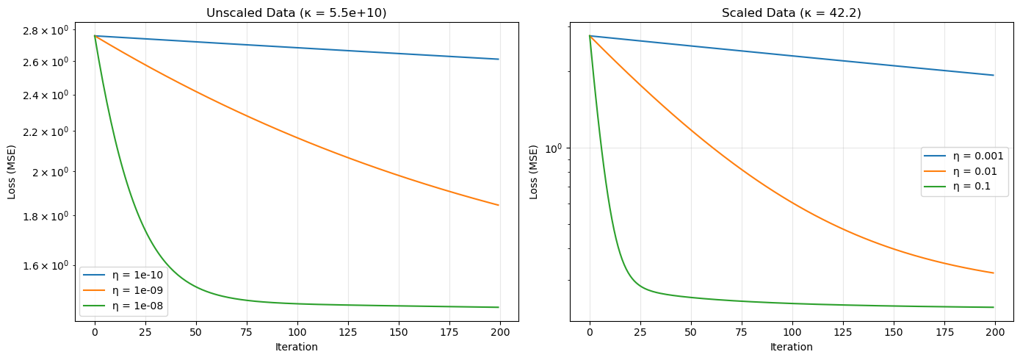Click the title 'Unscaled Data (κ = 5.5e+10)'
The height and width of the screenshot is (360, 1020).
[x=297, y=12]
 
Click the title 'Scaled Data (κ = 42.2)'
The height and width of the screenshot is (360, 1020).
[x=792, y=12]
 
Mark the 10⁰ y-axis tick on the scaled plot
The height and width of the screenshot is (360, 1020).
[x=553, y=148]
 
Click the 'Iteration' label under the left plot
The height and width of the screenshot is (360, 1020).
[x=297, y=347]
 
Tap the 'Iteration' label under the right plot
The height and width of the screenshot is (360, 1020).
[x=792, y=347]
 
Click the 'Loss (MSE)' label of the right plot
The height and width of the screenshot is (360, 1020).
[x=534, y=172]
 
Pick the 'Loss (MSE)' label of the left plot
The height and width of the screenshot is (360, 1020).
[x=12, y=172]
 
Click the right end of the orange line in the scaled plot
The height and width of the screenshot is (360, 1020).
[x=994, y=273]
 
